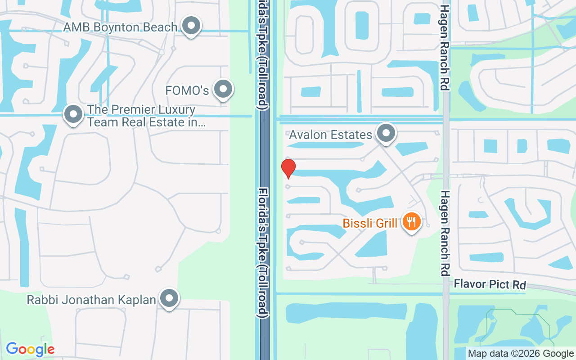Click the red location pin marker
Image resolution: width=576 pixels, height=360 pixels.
click(288, 168)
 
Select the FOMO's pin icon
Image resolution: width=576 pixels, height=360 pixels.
click(223, 89)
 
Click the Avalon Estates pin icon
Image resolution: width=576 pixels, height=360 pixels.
click(386, 133)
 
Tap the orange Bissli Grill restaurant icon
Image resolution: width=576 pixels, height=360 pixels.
click(411, 221)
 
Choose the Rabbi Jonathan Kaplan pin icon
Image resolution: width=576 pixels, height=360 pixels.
click(169, 298)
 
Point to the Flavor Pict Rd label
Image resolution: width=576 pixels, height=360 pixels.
click(490, 284)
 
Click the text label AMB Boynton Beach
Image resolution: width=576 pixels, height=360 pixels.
click(120, 27)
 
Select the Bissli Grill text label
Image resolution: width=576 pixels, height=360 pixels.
click(370, 223)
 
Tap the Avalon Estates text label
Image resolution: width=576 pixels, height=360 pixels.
click(330, 135)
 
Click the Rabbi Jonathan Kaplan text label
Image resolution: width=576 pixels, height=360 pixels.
click(91, 300)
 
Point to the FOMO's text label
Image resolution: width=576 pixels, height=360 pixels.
click(187, 90)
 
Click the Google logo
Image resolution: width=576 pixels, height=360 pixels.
click(30, 349)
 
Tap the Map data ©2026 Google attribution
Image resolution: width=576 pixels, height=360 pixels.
click(521, 354)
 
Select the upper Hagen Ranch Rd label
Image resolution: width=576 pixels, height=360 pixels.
click(445, 47)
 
